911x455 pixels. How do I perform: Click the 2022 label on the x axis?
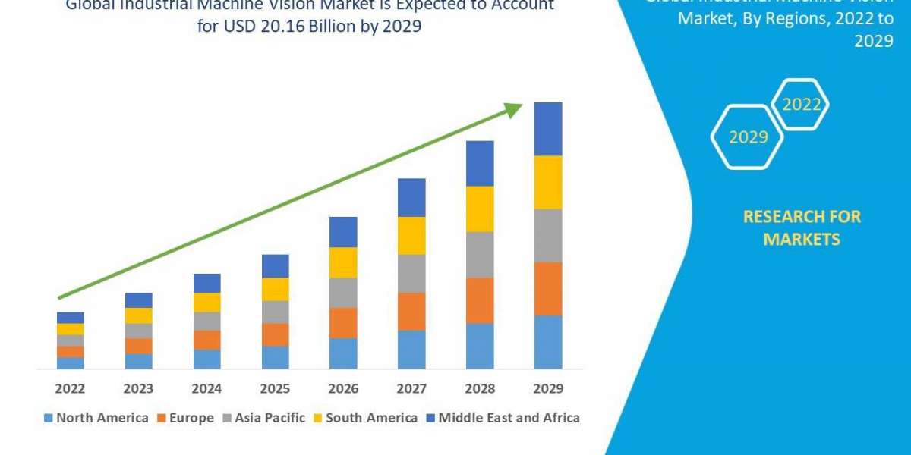[x=70, y=388]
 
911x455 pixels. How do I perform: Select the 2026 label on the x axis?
[x=343, y=388]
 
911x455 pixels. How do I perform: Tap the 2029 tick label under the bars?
[x=548, y=388]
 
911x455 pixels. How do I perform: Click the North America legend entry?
[x=96, y=418]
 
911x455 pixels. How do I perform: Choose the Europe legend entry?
[x=186, y=418]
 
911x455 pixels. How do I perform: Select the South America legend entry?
[x=364, y=418]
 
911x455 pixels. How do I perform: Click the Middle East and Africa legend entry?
[x=503, y=418]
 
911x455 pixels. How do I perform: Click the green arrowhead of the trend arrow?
[x=514, y=110]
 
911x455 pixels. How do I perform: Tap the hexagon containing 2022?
[x=801, y=105]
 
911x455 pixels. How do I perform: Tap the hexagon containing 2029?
[x=748, y=137]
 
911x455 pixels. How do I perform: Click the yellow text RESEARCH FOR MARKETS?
[x=802, y=227]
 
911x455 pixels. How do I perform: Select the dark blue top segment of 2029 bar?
[x=548, y=129]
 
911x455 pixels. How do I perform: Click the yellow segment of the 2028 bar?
[x=480, y=209]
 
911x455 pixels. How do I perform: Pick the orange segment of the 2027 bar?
[x=411, y=311]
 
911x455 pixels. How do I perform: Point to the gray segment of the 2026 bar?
[x=343, y=292]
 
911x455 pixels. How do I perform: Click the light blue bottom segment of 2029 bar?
[x=548, y=342]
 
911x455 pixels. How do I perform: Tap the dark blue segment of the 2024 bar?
[x=206, y=283]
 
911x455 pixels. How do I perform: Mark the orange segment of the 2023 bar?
[x=138, y=346]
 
